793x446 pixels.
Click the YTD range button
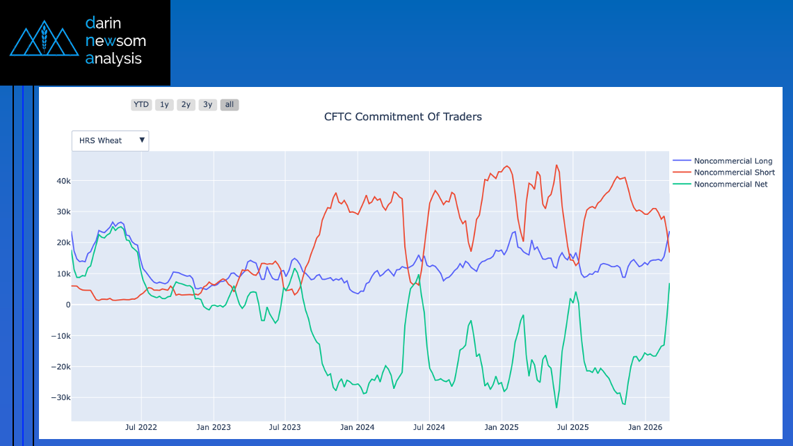coord(141,105)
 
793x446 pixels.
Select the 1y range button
coord(164,105)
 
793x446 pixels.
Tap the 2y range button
coord(186,105)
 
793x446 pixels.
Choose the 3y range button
coord(207,105)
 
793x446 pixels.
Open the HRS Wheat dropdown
coord(111,141)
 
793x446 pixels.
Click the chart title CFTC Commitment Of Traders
coord(403,117)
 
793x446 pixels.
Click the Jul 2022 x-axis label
coord(142,427)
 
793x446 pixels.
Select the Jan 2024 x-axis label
coord(356,427)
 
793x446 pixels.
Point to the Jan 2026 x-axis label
coord(645,427)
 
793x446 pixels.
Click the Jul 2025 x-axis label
coord(572,427)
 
